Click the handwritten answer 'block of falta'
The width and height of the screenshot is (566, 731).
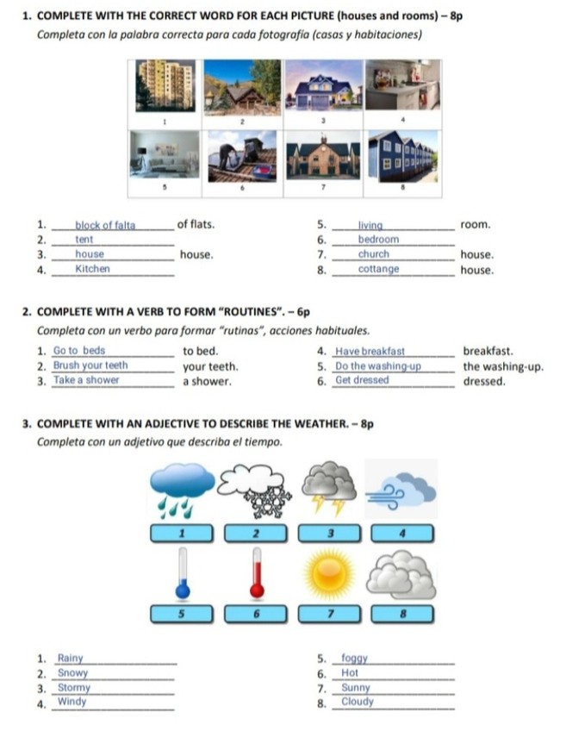pos(105,226)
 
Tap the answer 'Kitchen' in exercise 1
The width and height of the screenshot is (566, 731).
pos(93,269)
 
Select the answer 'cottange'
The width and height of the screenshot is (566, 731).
pos(379,269)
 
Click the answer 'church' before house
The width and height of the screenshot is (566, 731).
pos(374,254)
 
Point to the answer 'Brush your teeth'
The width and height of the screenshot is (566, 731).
pos(90,365)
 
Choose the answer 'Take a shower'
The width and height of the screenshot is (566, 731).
pos(86,380)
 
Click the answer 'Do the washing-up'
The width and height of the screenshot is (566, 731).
pos(377,365)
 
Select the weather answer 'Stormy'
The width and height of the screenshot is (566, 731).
pos(74,688)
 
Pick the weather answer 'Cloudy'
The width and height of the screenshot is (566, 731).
pos(358,702)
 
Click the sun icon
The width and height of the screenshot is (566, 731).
pos(328,575)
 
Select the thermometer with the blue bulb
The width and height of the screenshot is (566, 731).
pos(182,572)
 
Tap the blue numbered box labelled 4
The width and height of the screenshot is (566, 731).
pos(402,534)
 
